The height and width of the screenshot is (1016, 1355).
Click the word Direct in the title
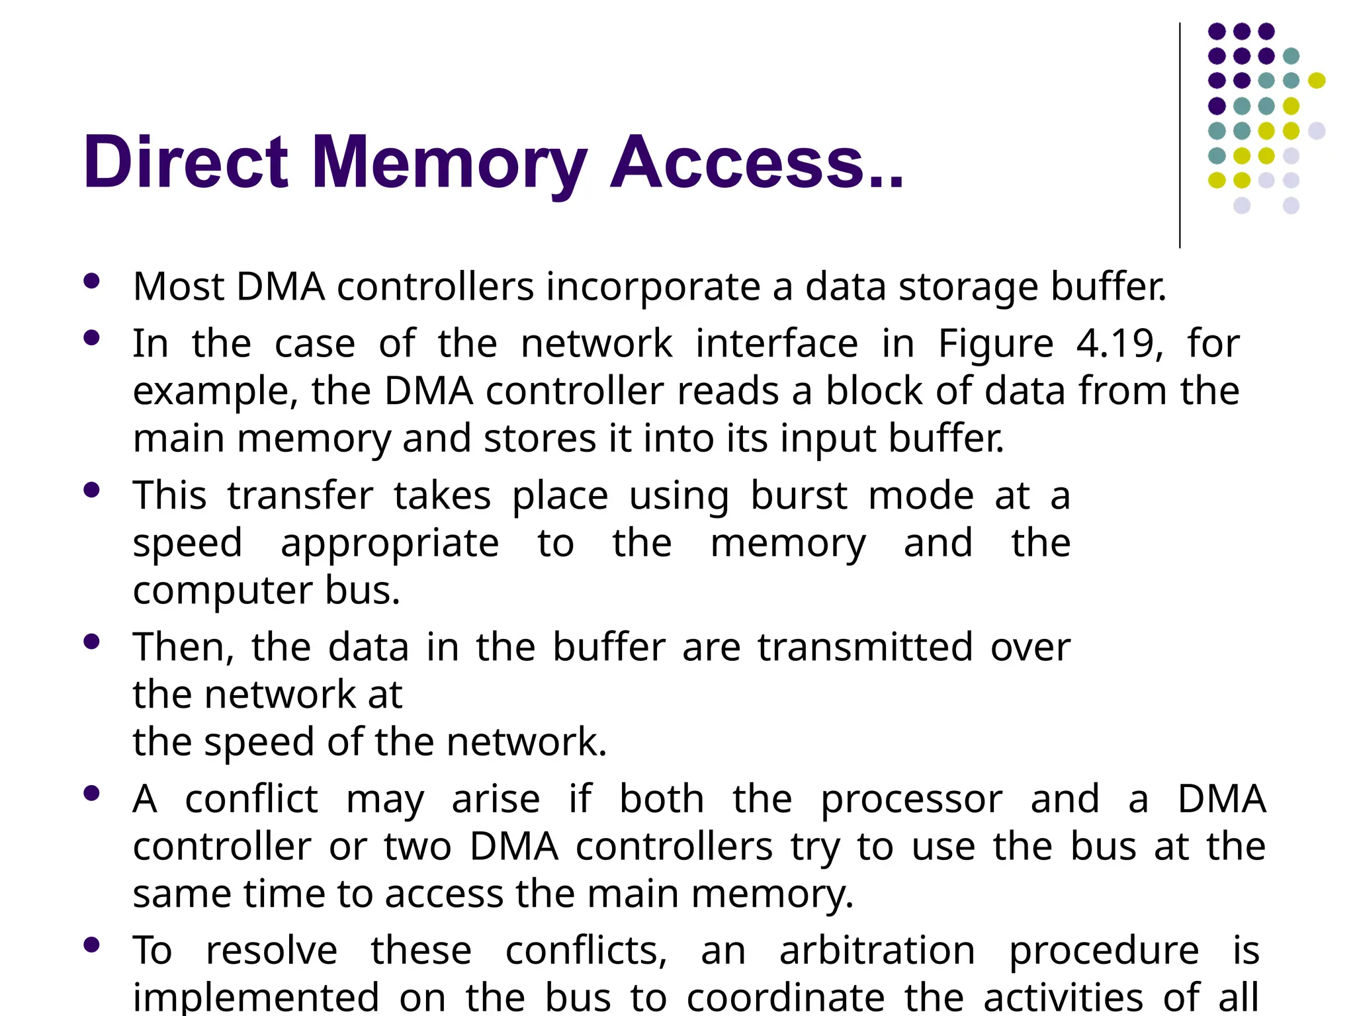(x=186, y=162)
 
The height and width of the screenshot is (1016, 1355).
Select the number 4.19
(x=1119, y=344)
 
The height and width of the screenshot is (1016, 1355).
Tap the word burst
(x=799, y=496)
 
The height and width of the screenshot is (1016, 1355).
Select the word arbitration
(x=877, y=951)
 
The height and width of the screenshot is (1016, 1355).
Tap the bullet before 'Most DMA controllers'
(x=92, y=281)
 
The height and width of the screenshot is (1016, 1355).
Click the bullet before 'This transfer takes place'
(x=92, y=490)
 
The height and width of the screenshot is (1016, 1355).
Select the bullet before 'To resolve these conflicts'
(x=92, y=945)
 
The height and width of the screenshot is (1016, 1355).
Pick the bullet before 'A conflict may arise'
(x=92, y=793)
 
